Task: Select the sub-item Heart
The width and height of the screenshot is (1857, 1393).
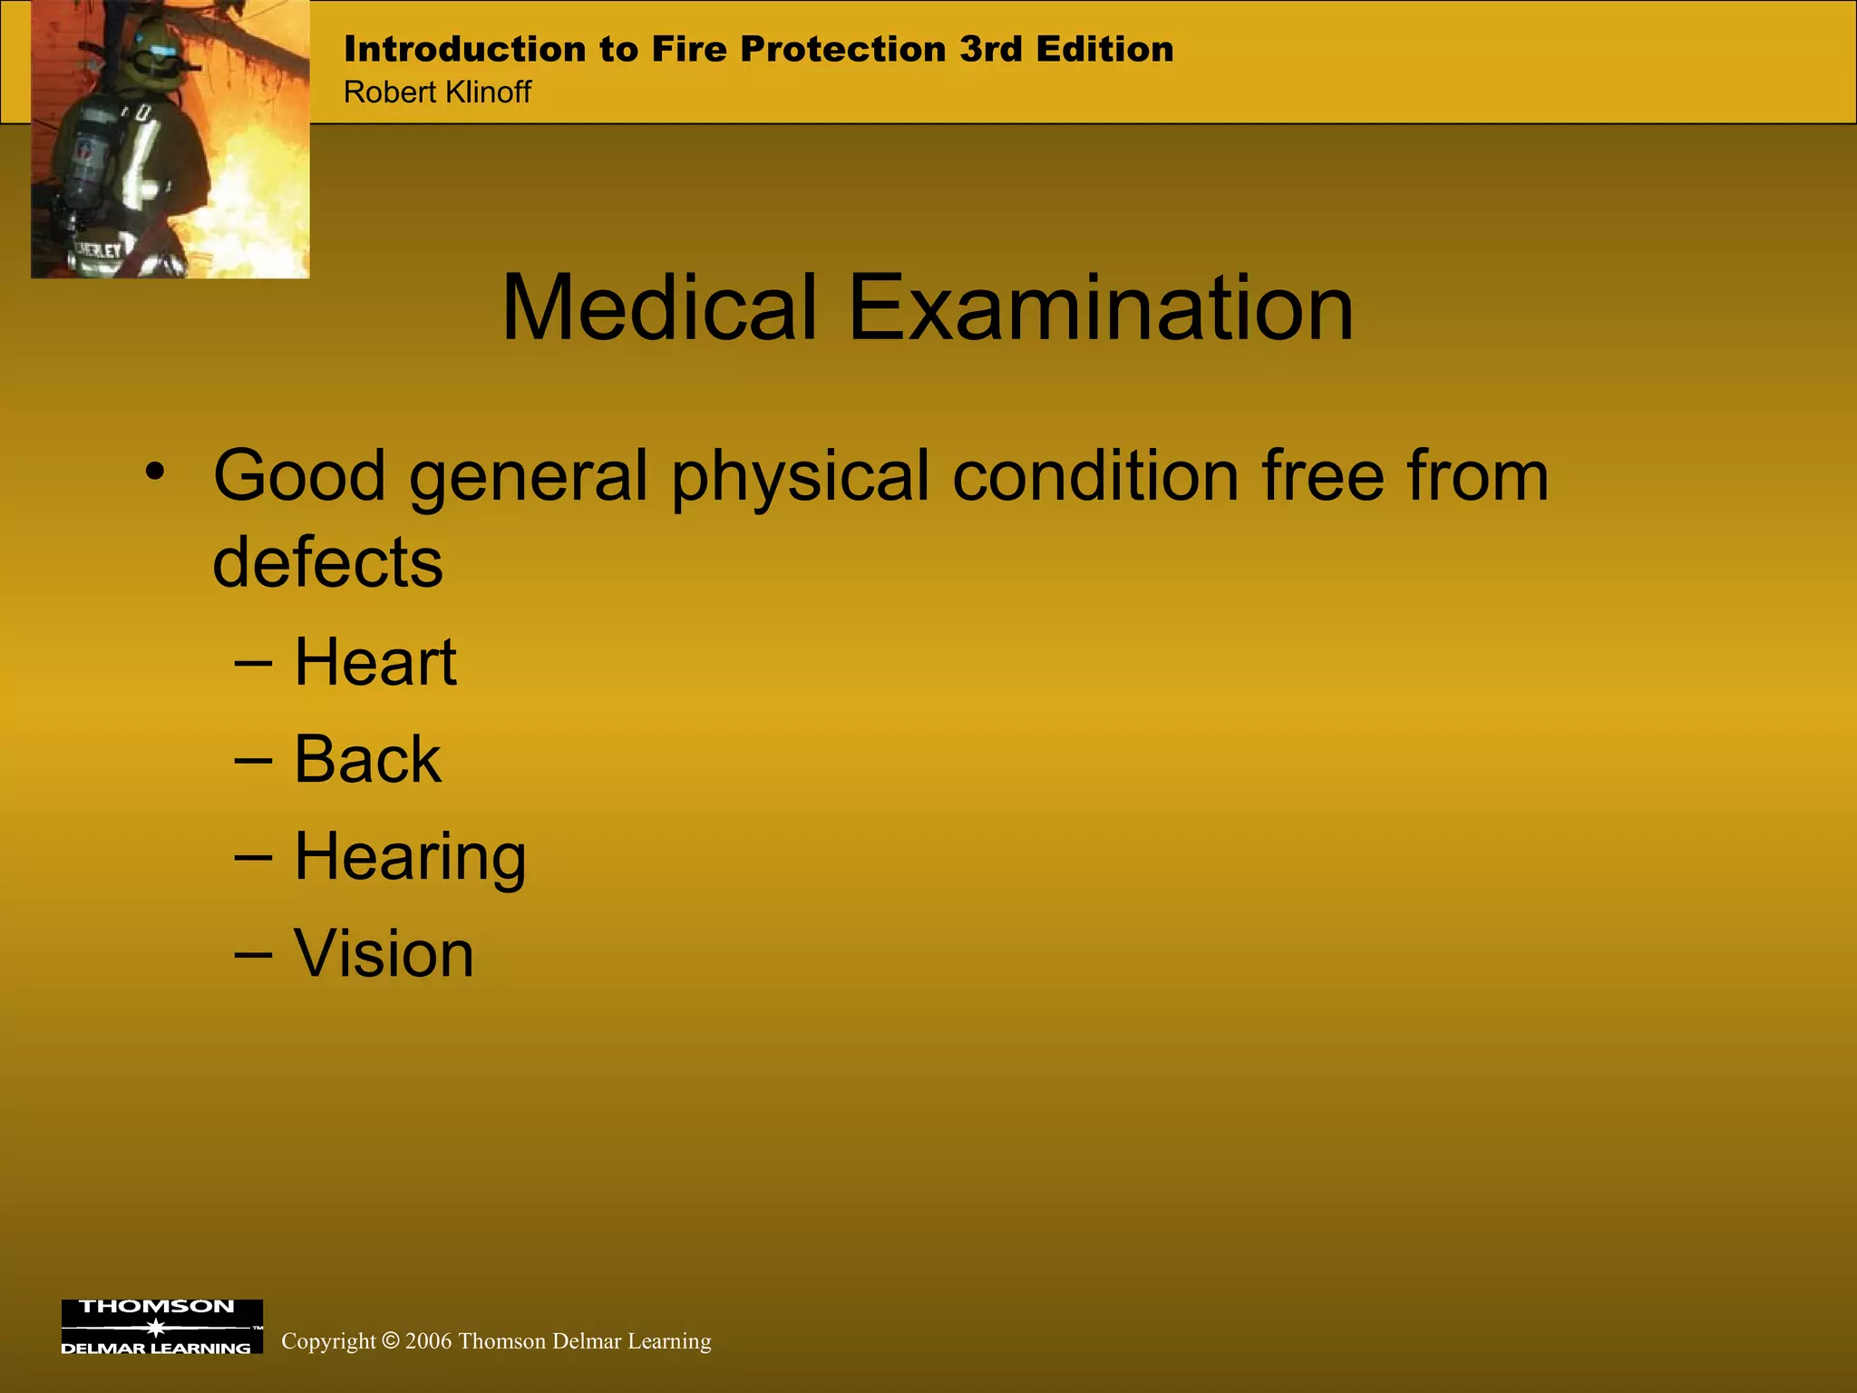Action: [x=375, y=662]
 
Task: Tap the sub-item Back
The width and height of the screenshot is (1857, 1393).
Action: [x=367, y=759]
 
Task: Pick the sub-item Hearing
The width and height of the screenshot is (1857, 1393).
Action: [x=410, y=857]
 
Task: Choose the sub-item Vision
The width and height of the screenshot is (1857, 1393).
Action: [x=384, y=954]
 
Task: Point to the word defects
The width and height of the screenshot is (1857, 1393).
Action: [x=327, y=561]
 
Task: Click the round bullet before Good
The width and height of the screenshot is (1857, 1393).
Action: [x=155, y=472]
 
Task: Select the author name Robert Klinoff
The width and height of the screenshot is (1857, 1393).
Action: [x=437, y=93]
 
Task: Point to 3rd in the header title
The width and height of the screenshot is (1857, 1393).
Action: [x=991, y=49]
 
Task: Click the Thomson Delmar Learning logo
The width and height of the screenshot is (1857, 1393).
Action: [x=161, y=1326]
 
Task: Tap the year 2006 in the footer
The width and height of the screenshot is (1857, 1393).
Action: [x=428, y=1341]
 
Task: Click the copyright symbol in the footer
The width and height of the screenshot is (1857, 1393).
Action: [x=390, y=1341]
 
